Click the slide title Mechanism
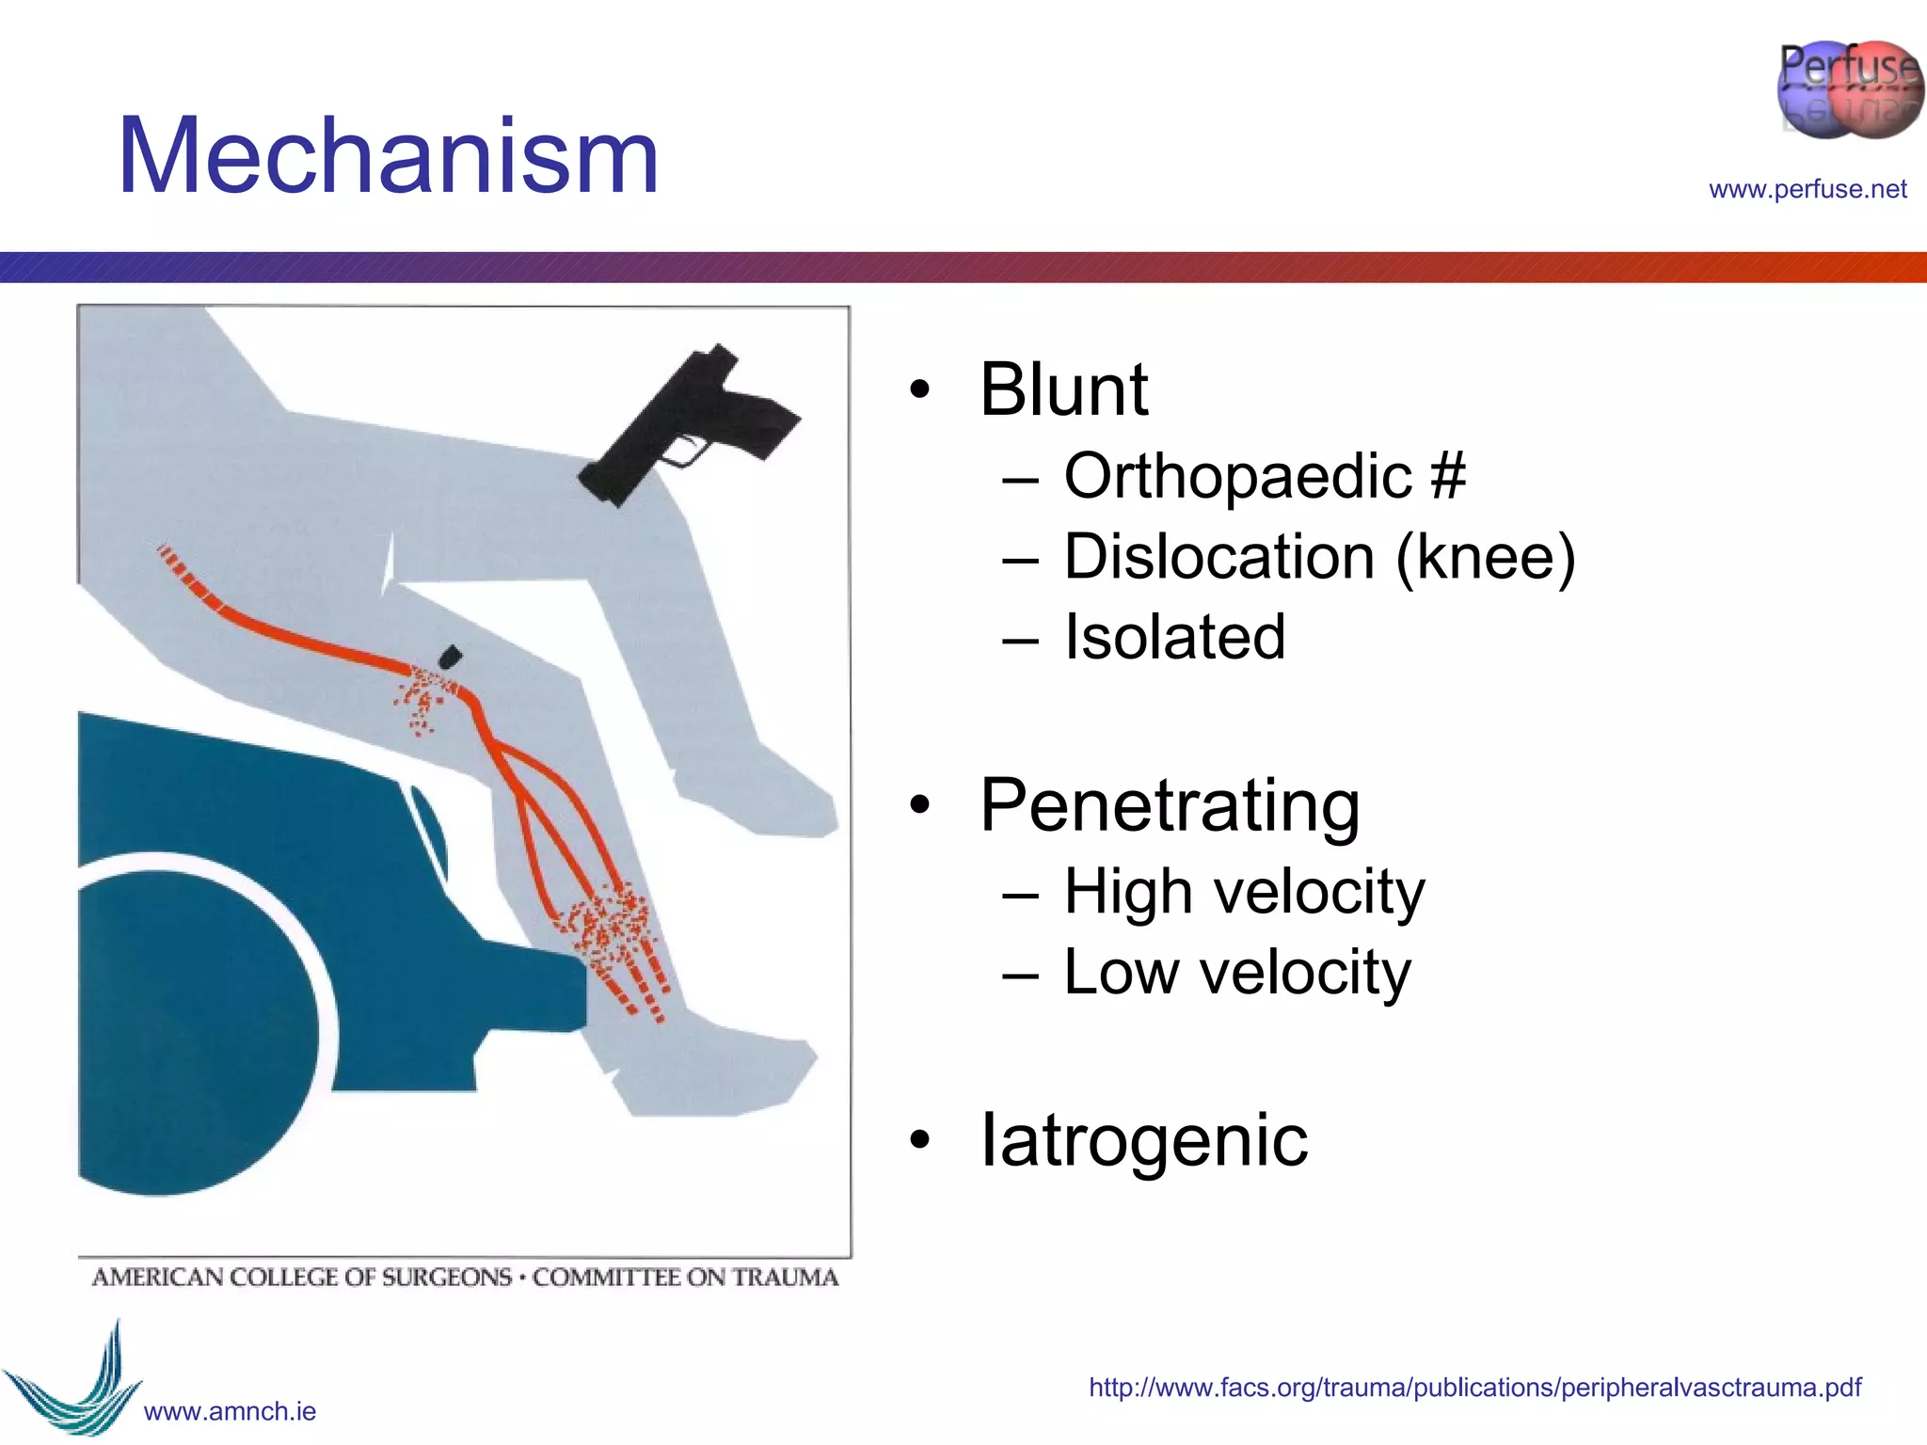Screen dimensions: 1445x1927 pos(388,156)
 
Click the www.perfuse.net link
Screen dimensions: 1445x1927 pos(1807,189)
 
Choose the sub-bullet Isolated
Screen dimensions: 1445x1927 pos(1173,638)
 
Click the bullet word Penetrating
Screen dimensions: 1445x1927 pos(1170,806)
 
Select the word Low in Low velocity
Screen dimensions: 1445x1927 pos(1121,972)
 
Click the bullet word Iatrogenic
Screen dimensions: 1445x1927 pos(1143,1140)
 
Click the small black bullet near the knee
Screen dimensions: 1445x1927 pos(450,657)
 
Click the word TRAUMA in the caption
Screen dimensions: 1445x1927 pos(785,1278)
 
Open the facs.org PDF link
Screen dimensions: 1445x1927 pos(1474,1388)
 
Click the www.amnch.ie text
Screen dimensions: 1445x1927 pos(230,1411)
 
